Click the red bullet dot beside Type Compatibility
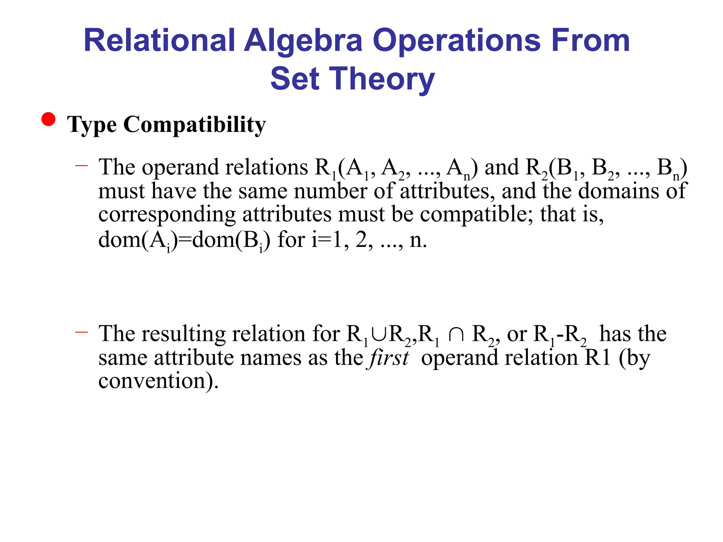[x=48, y=119]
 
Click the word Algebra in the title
[x=303, y=42]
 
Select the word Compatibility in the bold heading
[x=194, y=125]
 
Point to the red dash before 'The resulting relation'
[x=82, y=332]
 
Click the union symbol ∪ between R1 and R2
[x=378, y=334]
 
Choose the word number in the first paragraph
[x=330, y=191]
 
